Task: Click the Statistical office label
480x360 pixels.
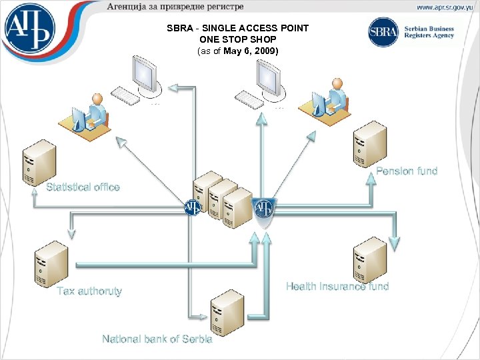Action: [83, 187]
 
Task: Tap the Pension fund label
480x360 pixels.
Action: [407, 171]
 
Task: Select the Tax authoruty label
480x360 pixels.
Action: [89, 291]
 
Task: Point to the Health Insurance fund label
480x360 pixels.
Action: [337, 287]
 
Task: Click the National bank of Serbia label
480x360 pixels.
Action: [157, 339]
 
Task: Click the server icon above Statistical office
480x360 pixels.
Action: [39, 162]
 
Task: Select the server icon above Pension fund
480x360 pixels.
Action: [370, 144]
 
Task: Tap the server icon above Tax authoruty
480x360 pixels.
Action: [51, 263]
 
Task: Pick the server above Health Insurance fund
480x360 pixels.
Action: [370, 259]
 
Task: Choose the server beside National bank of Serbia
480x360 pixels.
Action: [227, 312]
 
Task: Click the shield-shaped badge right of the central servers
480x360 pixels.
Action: [264, 209]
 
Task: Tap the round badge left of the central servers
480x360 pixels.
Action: [192, 207]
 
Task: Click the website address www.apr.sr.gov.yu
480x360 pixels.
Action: [444, 7]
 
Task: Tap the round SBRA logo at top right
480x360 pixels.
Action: [383, 32]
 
